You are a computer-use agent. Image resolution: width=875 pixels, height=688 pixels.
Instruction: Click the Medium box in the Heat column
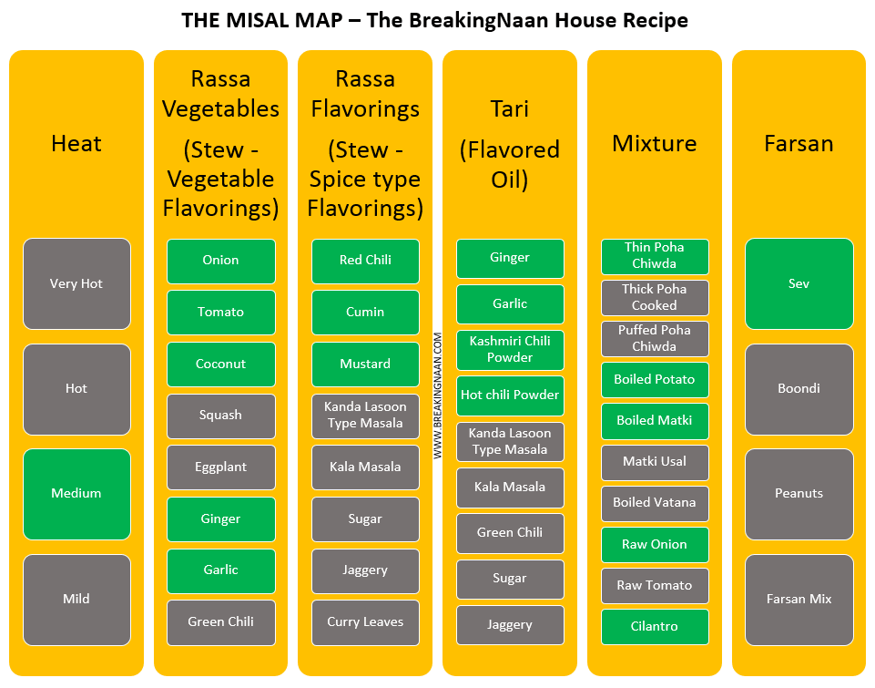pyautogui.click(x=76, y=494)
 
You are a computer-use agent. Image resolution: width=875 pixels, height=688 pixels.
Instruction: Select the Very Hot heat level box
pyautogui.click(x=76, y=283)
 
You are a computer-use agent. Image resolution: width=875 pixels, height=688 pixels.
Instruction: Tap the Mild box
pyautogui.click(x=76, y=600)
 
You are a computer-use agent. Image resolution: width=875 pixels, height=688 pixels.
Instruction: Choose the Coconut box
pyautogui.click(x=221, y=365)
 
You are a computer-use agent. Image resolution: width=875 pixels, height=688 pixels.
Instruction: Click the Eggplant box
pyautogui.click(x=221, y=467)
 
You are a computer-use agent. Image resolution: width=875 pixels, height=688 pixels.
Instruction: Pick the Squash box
pyautogui.click(x=221, y=416)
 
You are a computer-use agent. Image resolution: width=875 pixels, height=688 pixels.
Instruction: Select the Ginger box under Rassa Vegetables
pyautogui.click(x=221, y=519)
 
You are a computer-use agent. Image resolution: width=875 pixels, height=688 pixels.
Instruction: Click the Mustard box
pyautogui.click(x=365, y=365)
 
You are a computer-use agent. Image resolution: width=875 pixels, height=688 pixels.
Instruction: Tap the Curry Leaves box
pyautogui.click(x=365, y=622)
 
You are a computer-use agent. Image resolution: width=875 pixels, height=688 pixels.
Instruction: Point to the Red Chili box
pyautogui.click(x=365, y=261)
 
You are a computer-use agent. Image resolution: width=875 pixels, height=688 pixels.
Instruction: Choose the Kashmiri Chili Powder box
pyautogui.click(x=510, y=350)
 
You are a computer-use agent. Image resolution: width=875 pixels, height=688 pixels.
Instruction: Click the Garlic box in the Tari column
pyautogui.click(x=510, y=303)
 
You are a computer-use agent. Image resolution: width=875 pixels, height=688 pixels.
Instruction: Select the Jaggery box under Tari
pyautogui.click(x=510, y=625)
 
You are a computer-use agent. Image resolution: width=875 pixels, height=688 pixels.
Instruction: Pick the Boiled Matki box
pyautogui.click(x=655, y=420)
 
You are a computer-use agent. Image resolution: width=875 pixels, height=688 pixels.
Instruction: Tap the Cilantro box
pyautogui.click(x=655, y=627)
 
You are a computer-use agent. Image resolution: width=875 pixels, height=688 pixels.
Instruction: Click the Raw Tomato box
pyautogui.click(x=655, y=585)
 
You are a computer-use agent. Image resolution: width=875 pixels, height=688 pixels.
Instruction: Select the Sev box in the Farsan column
pyautogui.click(x=799, y=283)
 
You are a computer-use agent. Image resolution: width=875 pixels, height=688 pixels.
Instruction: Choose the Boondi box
pyautogui.click(x=799, y=389)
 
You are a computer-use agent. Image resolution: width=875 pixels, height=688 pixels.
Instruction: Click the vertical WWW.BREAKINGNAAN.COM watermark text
pyautogui.click(x=437, y=395)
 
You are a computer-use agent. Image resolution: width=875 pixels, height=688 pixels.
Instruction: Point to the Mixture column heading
pyautogui.click(x=655, y=143)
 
